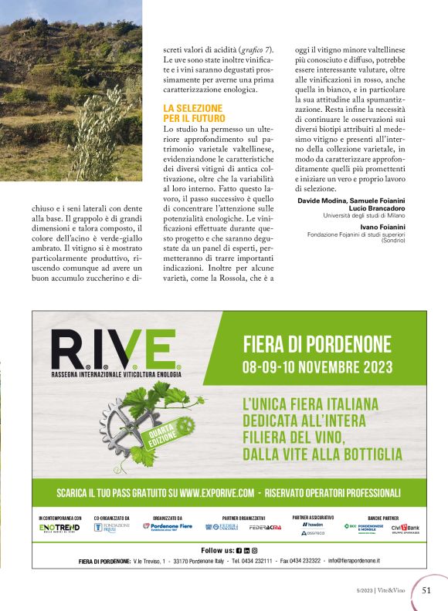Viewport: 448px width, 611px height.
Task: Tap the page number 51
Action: click(426, 590)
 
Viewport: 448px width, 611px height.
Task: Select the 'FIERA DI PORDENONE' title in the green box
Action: click(317, 343)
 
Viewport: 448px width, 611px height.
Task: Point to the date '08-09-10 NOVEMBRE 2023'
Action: click(317, 366)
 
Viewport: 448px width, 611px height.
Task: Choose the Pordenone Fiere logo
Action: click(168, 527)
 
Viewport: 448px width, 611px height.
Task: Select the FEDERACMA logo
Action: click(264, 528)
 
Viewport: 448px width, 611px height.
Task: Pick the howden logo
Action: click(313, 524)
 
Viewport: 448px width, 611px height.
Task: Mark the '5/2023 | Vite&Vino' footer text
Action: click(378, 591)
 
